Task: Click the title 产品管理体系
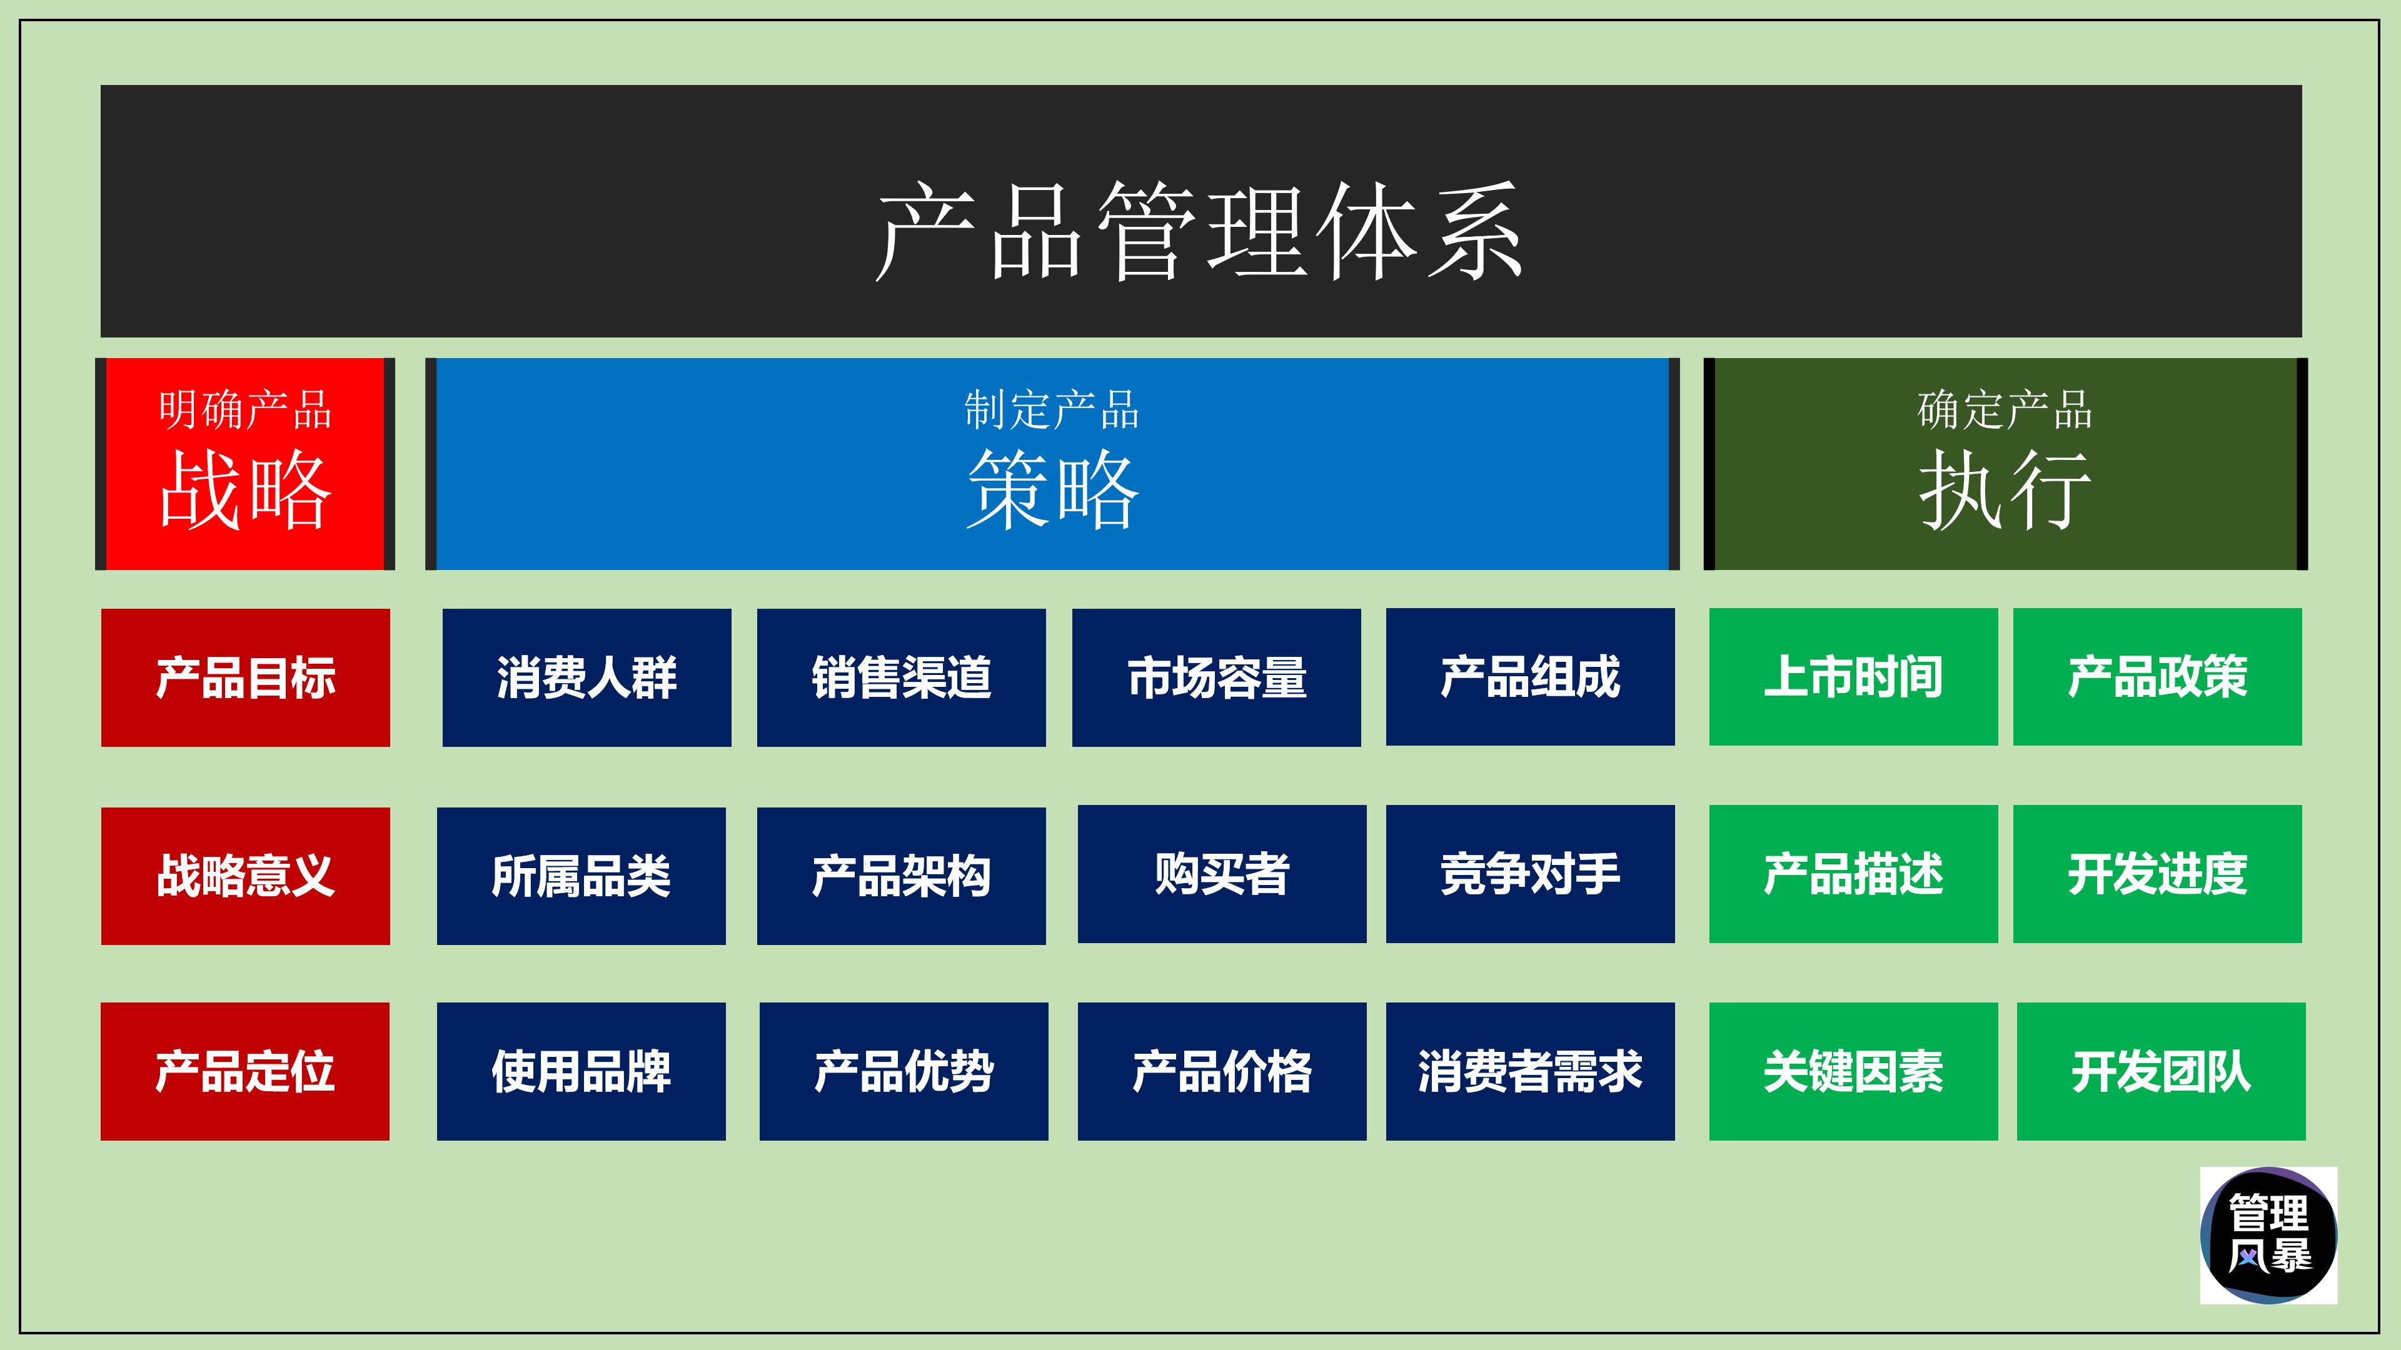[x=1200, y=231]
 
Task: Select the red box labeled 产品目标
[x=245, y=677]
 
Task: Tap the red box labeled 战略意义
[x=245, y=876]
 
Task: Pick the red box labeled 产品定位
[x=245, y=1071]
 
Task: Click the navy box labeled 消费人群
[x=586, y=677]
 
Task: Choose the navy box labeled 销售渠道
[x=900, y=677]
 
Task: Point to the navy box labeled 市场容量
[x=1216, y=677]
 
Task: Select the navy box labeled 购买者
[x=1221, y=874]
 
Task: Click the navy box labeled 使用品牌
[x=581, y=1071]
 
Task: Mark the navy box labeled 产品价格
[x=1221, y=1071]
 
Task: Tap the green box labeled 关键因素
[x=1853, y=1071]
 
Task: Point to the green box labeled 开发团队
[x=2160, y=1071]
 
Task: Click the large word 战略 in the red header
[x=245, y=490]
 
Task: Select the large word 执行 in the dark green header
[x=2004, y=490]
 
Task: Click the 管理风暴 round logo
[x=2268, y=1234]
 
